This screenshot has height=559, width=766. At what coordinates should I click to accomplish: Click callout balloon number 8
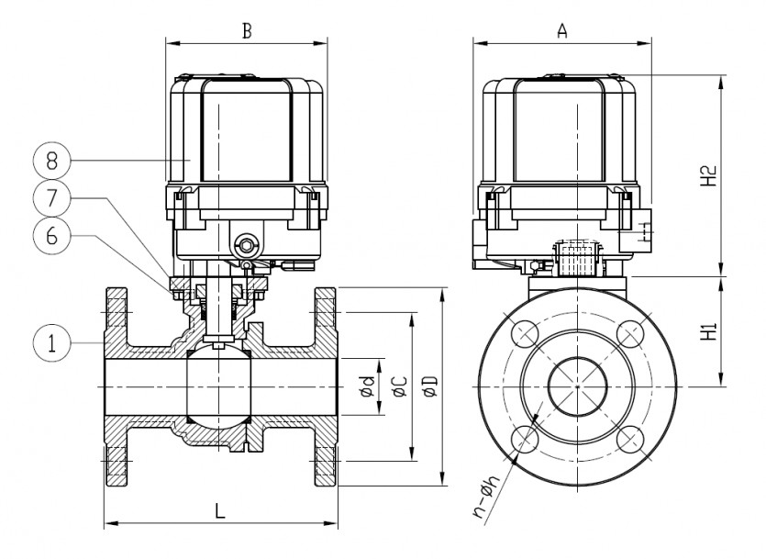pos(51,160)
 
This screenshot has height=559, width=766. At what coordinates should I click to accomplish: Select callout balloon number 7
pos(51,196)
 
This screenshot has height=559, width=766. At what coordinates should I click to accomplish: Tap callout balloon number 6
pos(51,234)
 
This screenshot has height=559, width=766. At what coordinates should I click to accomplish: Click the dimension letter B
pos(246,29)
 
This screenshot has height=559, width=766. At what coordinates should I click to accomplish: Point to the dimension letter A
pos(562,29)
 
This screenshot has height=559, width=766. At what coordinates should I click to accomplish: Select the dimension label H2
pos(707,175)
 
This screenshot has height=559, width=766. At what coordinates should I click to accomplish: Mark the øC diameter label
pos(399,387)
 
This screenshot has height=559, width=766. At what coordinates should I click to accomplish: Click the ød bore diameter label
pos(368,387)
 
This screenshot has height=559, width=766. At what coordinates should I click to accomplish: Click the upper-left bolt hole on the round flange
pos(526,336)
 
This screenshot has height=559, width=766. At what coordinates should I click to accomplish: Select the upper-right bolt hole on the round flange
pos(628,336)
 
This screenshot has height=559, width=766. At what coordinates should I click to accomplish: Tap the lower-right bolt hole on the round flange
pos(628,439)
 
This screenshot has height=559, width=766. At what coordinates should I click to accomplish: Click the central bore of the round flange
pos(577,387)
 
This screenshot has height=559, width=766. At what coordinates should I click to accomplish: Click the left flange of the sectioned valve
pos(117,386)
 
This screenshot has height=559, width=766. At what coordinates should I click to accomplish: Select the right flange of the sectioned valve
pos(327,386)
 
